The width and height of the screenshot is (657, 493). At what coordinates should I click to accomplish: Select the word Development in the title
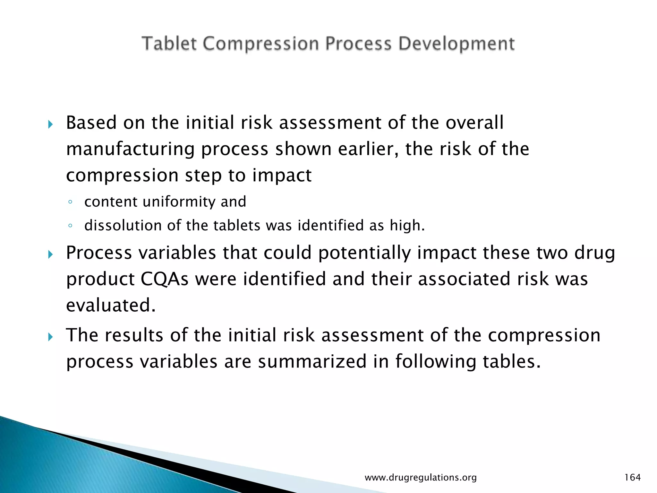point(456,44)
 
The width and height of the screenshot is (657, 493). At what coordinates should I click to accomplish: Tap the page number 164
point(632,478)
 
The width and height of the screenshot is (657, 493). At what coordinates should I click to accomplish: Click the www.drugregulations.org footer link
point(421,478)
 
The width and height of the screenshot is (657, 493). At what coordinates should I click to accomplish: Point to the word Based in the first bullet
point(91,123)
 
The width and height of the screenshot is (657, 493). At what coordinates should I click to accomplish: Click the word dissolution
point(123,225)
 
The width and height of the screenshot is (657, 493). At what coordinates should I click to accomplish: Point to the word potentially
point(364,253)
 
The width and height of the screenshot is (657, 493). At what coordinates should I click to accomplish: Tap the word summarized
point(312,362)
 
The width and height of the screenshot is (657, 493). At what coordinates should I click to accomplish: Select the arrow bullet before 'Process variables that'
point(50,255)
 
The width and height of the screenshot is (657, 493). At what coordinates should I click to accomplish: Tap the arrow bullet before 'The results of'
point(50,337)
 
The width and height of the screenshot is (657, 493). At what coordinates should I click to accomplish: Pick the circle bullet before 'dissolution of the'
point(70,226)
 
